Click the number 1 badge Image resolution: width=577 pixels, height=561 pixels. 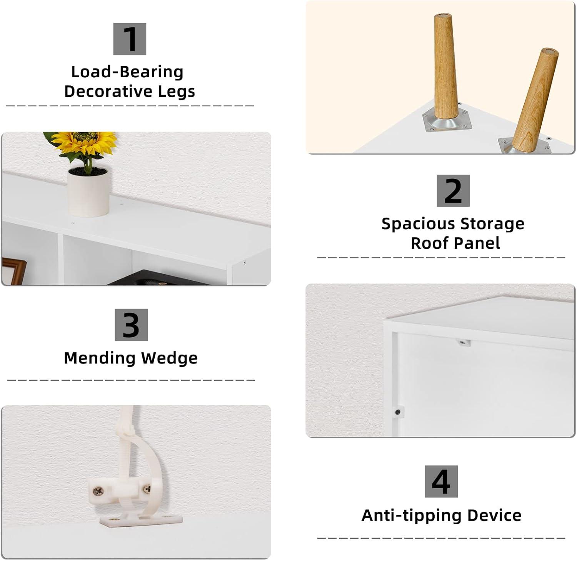click(x=130, y=39)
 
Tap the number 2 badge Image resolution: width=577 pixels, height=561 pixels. click(x=453, y=191)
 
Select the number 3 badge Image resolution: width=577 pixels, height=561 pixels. click(x=131, y=325)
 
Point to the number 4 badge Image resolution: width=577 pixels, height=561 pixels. click(x=441, y=481)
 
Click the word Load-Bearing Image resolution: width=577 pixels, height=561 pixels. click(x=127, y=72)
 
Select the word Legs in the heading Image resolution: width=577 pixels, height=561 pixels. click(x=177, y=92)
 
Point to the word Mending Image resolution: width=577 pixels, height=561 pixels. click(x=99, y=358)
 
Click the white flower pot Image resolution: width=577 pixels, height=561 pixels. click(x=88, y=192)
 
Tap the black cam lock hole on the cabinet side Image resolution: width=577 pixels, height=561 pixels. click(x=397, y=412)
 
